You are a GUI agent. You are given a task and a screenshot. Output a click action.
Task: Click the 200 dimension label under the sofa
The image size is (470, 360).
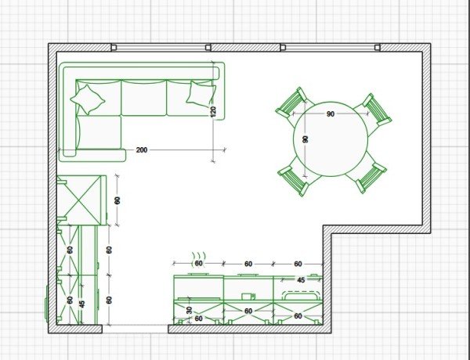142,149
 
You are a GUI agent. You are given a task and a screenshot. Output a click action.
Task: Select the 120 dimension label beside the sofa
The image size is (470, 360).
213,112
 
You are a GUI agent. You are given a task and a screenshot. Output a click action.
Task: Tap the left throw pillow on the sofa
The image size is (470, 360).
87,99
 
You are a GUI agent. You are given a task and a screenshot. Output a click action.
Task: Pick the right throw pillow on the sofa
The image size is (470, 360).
201,93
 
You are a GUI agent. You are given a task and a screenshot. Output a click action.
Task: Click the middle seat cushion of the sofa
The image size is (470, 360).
143,98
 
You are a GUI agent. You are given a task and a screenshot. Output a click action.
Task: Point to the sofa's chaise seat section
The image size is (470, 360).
99,132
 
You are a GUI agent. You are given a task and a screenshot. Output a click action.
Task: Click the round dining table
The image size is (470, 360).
331,139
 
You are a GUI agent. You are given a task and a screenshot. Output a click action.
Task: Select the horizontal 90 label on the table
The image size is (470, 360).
331,114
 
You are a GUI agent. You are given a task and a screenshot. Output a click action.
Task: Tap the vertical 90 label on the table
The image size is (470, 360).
305,139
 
